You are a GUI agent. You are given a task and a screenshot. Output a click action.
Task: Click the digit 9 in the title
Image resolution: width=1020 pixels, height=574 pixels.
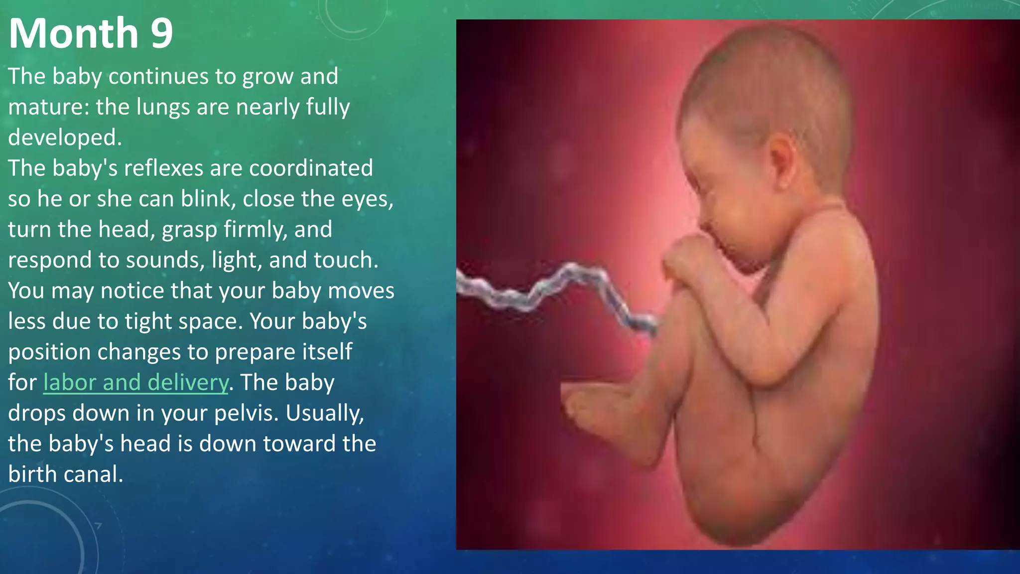pos(161,34)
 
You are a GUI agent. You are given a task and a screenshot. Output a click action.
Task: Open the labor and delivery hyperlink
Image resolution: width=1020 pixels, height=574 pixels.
pos(135,383)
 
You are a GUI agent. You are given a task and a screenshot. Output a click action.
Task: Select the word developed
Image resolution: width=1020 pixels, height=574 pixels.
pos(65,138)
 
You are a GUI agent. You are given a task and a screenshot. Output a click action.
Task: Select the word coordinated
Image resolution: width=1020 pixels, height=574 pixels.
pos(311,168)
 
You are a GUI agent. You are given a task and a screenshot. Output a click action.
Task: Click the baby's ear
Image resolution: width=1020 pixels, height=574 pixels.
pos(782,159)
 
